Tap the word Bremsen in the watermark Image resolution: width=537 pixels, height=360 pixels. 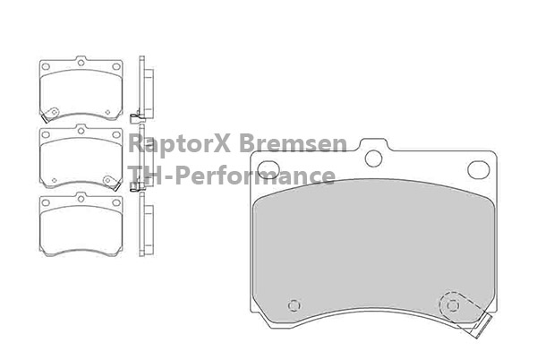tap(293, 142)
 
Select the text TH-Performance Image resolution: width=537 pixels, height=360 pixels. tap(232, 176)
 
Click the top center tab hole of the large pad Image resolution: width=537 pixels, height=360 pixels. tap(373, 159)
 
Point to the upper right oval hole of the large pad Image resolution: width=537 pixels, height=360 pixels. tap(479, 169)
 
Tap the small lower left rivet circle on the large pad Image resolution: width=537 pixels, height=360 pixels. tap(294, 305)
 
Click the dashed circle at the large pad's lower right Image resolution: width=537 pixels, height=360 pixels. tap(452, 304)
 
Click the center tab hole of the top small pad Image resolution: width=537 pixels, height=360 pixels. tap(81, 63)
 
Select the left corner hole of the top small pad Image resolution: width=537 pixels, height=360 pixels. tap(46, 66)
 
